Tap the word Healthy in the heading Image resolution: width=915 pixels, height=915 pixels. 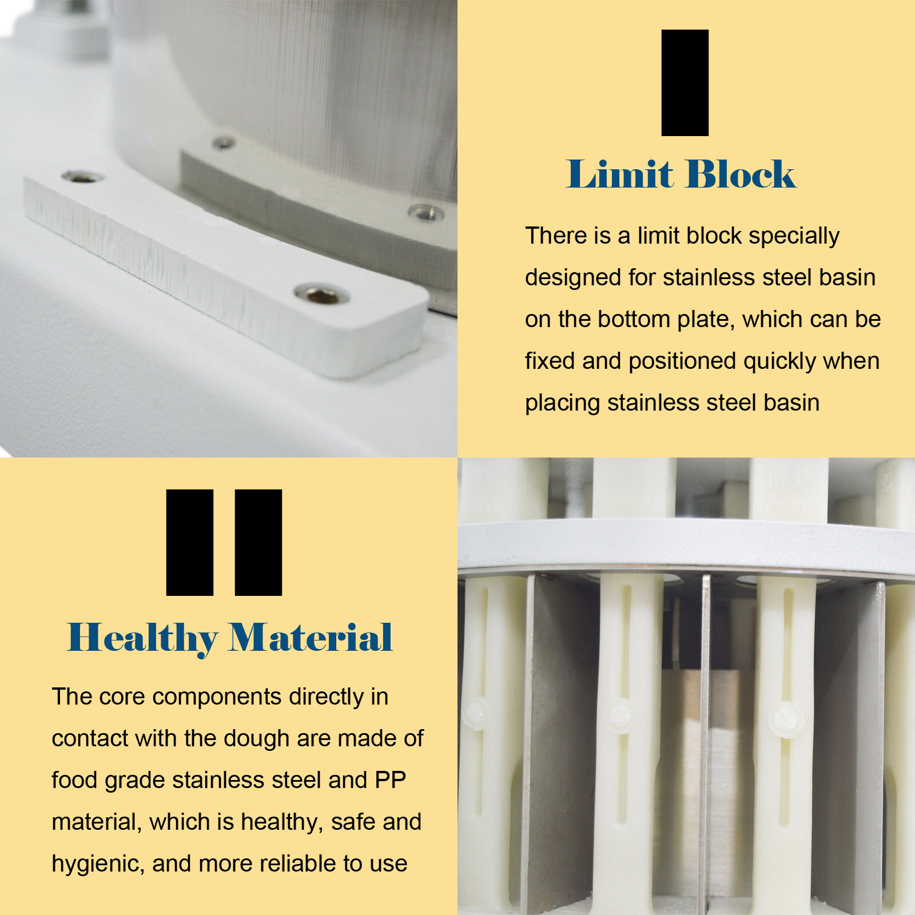click(142, 638)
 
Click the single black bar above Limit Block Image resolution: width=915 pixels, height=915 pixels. click(685, 83)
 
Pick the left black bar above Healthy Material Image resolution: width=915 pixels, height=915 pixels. click(189, 542)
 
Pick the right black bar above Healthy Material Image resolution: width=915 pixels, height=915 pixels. click(258, 542)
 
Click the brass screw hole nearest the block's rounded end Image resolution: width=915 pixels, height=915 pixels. click(322, 295)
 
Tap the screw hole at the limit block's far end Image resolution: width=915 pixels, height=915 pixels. click(82, 177)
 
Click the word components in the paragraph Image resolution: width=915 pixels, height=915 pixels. click(217, 697)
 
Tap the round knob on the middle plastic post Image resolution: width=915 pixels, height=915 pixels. click(620, 715)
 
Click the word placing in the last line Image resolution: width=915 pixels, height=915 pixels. click(562, 403)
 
